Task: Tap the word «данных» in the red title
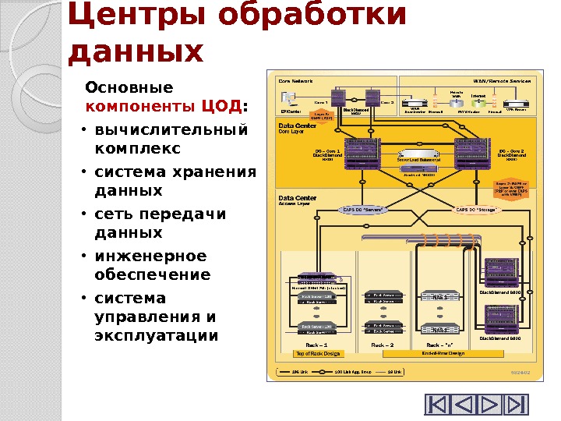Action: tap(136, 51)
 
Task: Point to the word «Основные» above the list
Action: tap(129, 87)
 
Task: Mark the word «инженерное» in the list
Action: tap(150, 256)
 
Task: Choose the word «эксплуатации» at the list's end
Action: tap(156, 336)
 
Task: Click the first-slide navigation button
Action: tap(438, 405)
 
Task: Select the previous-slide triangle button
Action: tap(464, 405)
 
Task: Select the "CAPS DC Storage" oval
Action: tap(480, 209)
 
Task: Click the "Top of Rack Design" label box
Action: tap(317, 353)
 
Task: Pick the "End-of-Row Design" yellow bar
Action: tap(443, 353)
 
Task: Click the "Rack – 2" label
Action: tap(383, 343)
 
